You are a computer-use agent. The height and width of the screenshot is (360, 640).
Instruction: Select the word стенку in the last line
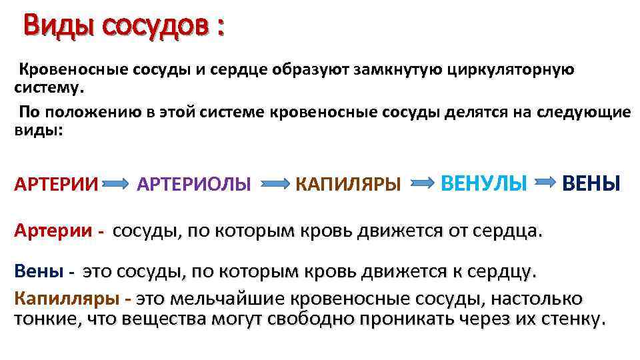(569, 319)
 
